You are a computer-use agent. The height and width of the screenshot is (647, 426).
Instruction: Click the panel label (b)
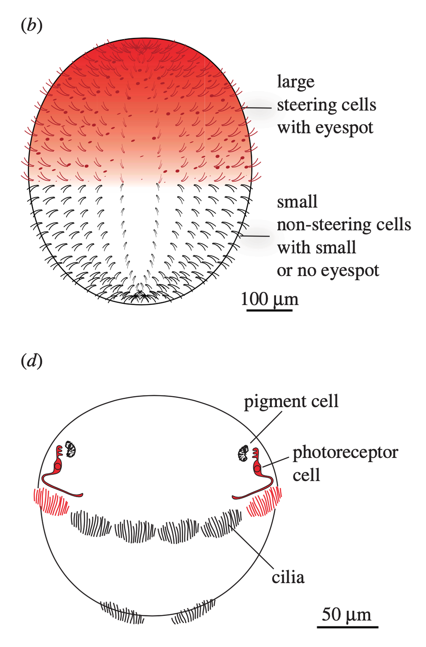coord(32,26)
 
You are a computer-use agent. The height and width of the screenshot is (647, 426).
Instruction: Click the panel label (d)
coord(32,362)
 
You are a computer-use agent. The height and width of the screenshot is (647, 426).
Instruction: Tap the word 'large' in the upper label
coord(296,82)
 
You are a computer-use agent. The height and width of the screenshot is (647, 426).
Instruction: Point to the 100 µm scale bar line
coord(269,310)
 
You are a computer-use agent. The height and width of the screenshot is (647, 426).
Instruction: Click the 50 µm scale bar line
coord(347,627)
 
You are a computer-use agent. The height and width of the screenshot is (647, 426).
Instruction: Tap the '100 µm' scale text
coord(269,299)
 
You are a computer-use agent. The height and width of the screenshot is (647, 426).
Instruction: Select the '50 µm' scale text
coord(346,615)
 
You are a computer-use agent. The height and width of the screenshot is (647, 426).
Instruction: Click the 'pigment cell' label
coord(291,401)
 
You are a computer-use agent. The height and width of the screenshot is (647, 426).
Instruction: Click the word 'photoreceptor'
coord(345,452)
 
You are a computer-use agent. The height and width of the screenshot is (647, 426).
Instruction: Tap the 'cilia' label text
coord(288,578)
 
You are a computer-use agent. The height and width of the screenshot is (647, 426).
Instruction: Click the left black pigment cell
coord(70,449)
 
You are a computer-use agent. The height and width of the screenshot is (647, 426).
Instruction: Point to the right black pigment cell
coord(243,453)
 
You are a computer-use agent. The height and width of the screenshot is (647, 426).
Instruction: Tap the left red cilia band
coord(51,501)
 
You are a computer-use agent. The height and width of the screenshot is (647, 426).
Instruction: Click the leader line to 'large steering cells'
coord(257,108)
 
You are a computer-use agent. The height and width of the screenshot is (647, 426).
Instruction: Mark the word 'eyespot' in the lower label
coord(350,271)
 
